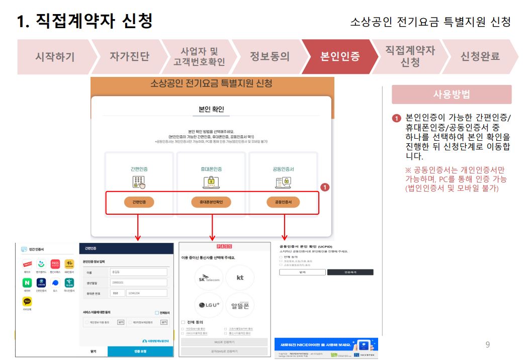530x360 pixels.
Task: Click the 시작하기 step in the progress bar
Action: (x=54, y=57)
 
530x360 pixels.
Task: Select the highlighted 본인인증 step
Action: (x=340, y=57)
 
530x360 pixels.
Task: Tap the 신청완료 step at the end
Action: (x=480, y=57)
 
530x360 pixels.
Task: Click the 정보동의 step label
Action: (x=270, y=57)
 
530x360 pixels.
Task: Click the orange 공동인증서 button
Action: (x=283, y=202)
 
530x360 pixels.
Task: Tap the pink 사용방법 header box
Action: (x=452, y=95)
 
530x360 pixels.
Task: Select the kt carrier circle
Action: (x=240, y=278)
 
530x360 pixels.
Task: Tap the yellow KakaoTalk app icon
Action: (x=27, y=302)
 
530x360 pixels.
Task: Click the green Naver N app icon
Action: (x=27, y=283)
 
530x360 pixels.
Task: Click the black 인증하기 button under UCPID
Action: (x=350, y=272)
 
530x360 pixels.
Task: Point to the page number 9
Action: (x=487, y=344)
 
